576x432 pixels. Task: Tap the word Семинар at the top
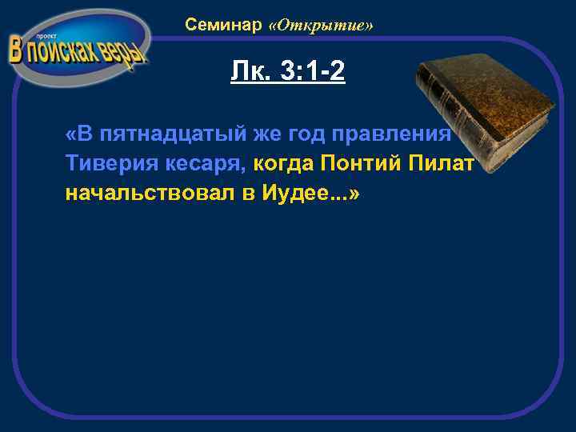pos(223,25)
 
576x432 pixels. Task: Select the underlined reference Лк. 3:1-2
pos(287,73)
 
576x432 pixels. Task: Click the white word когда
pos(284,164)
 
